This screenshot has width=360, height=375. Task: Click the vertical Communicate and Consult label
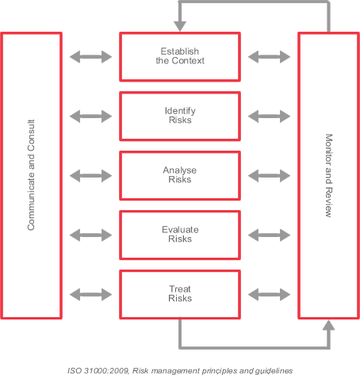tap(31, 175)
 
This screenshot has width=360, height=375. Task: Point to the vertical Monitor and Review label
tap(328, 175)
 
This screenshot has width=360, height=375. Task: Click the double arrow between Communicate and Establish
tap(90, 57)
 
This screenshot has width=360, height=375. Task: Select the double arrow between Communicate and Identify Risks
tap(90, 117)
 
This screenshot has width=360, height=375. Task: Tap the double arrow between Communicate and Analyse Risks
tap(90, 176)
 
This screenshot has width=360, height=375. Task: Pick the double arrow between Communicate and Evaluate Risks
tap(90, 235)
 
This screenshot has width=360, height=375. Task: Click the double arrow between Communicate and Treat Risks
tap(90, 295)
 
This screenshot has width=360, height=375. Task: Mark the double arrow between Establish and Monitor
tap(269, 57)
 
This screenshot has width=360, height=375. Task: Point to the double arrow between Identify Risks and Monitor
tap(269, 117)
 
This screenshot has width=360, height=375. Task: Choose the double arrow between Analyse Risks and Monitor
tap(269, 176)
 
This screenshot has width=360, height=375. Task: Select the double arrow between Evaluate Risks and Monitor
tap(269, 235)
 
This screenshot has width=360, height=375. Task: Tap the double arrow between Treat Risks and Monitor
tap(269, 295)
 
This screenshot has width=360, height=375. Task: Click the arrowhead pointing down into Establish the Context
tap(180, 26)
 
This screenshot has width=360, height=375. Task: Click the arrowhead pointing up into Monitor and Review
tap(328, 325)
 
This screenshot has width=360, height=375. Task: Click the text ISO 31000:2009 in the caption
tap(98, 371)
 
